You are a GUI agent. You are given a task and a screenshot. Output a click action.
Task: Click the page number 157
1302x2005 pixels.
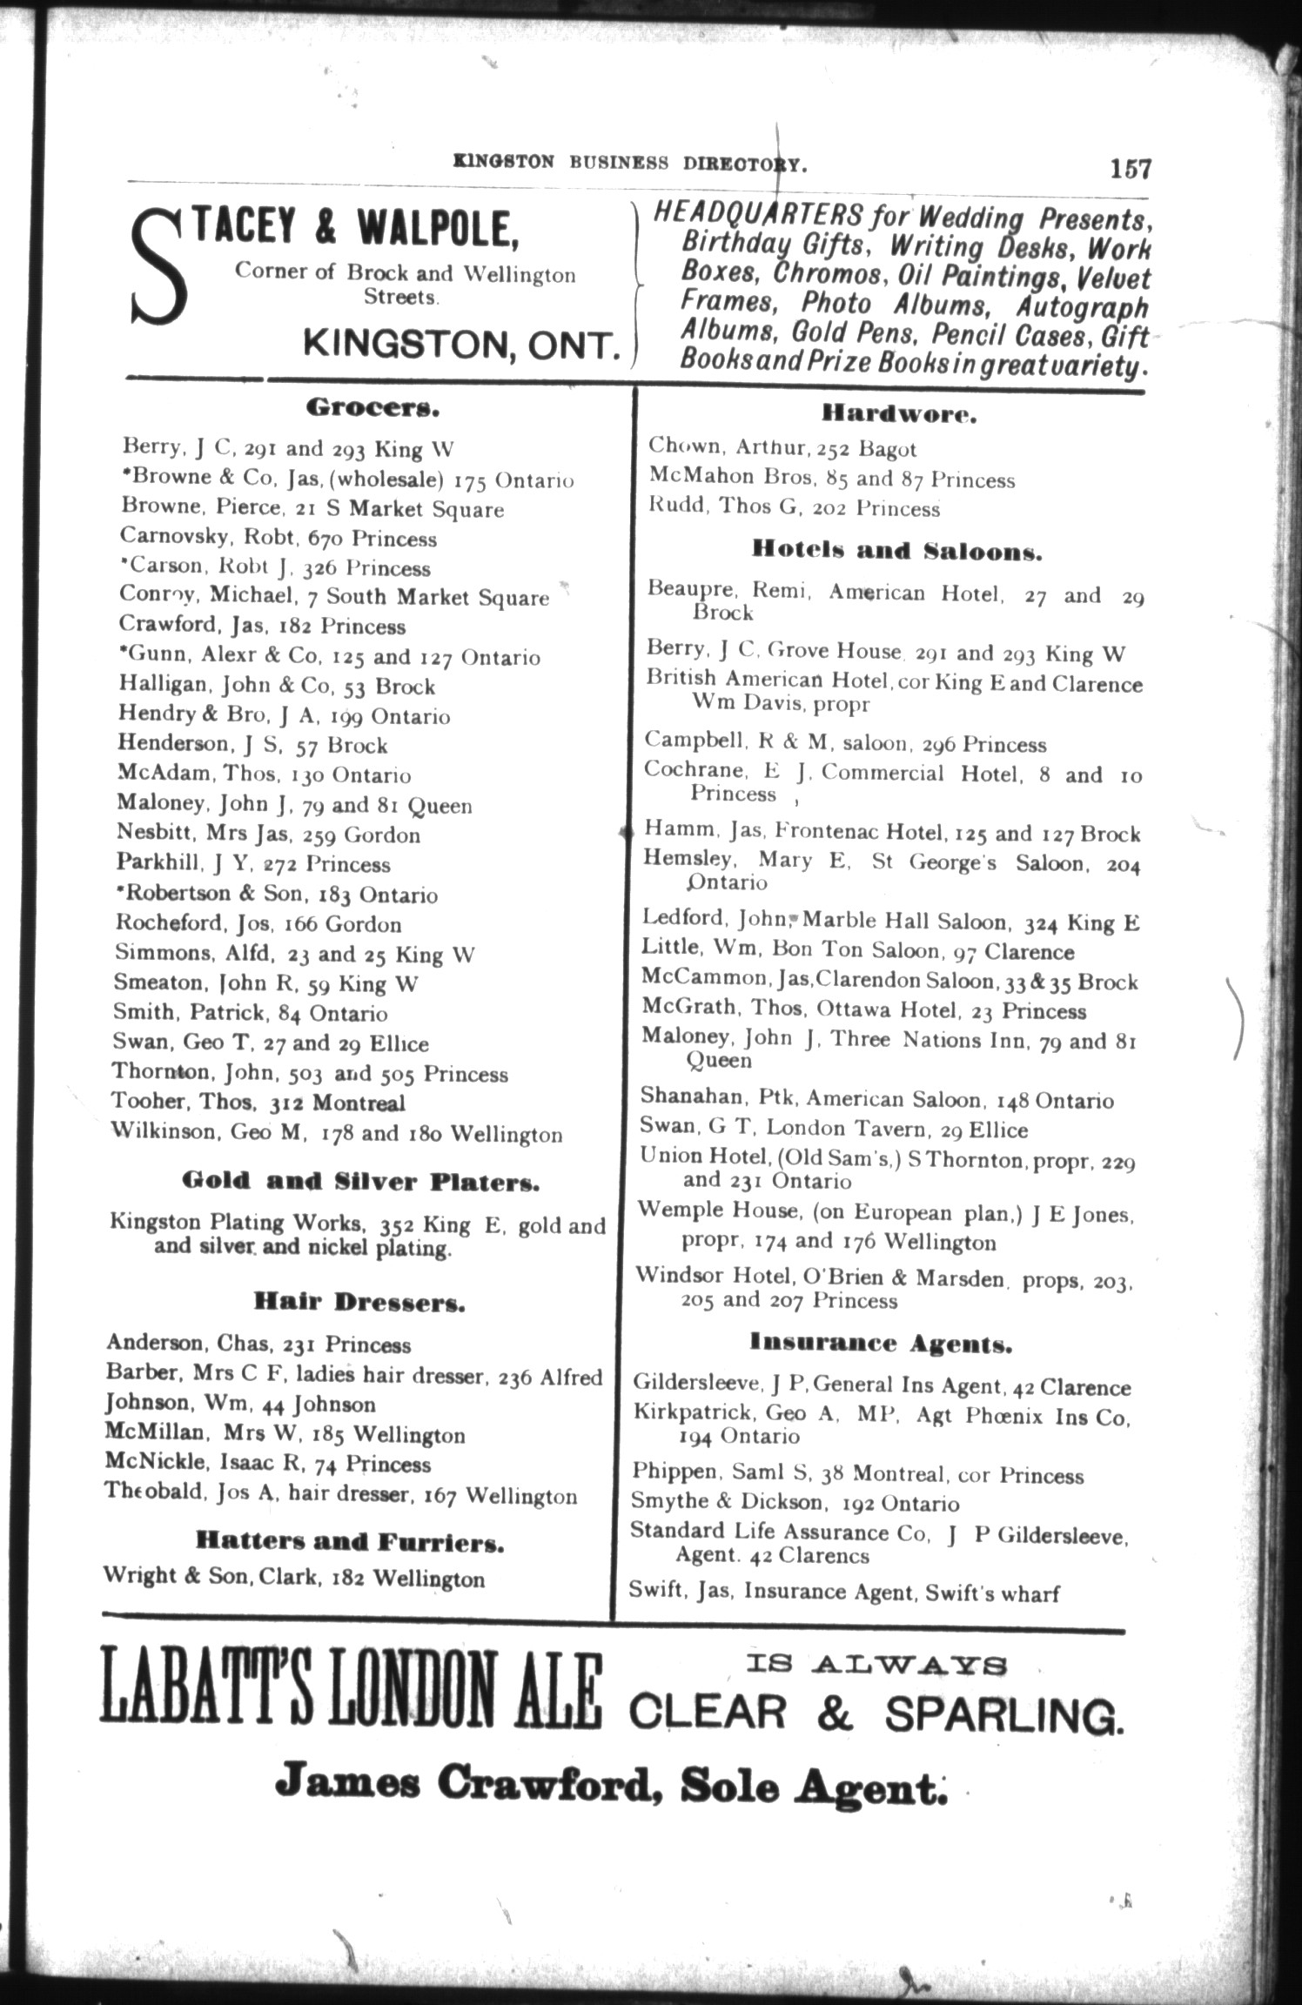point(1130,167)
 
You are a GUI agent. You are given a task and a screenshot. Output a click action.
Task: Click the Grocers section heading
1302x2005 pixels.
point(372,406)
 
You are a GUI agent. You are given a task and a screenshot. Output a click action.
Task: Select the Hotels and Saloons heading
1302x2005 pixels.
point(896,551)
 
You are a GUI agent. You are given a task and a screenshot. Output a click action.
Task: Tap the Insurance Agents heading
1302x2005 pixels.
point(881,1344)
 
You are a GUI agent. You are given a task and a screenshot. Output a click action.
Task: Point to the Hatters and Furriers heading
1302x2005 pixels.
point(350,1543)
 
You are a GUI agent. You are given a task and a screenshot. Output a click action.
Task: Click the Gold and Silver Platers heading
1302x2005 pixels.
point(360,1182)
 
